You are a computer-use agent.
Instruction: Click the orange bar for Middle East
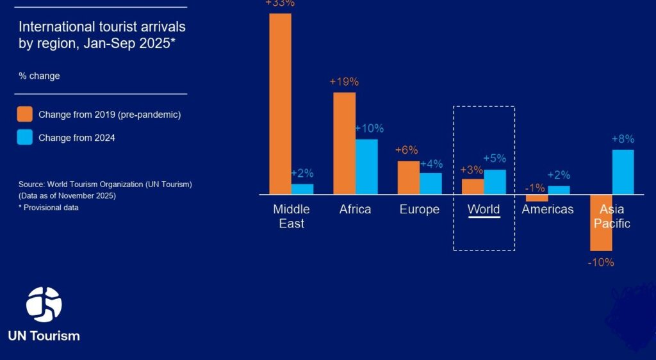click(x=280, y=103)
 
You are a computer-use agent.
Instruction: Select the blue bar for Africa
click(x=366, y=167)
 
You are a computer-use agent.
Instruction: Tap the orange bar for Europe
click(x=408, y=177)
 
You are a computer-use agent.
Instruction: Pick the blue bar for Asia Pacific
click(x=623, y=172)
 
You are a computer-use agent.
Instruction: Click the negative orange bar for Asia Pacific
click(x=601, y=222)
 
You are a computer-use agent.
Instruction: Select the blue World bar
click(x=495, y=182)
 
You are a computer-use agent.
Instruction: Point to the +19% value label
click(x=344, y=82)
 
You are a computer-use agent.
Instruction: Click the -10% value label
click(x=601, y=262)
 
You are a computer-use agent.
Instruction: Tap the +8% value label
click(x=623, y=139)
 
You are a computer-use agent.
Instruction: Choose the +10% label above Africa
click(x=368, y=128)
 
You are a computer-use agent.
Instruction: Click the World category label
click(x=484, y=209)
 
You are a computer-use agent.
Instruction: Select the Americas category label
click(x=548, y=209)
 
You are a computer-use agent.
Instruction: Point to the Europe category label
click(x=420, y=209)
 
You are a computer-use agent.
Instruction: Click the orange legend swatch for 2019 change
click(x=25, y=115)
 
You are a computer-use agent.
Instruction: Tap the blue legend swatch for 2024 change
click(x=25, y=137)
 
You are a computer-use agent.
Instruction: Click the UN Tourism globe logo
click(x=44, y=304)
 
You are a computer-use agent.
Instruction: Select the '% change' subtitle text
click(x=39, y=76)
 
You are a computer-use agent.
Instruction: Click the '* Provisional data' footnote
click(x=49, y=208)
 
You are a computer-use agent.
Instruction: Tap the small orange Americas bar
click(x=537, y=198)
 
